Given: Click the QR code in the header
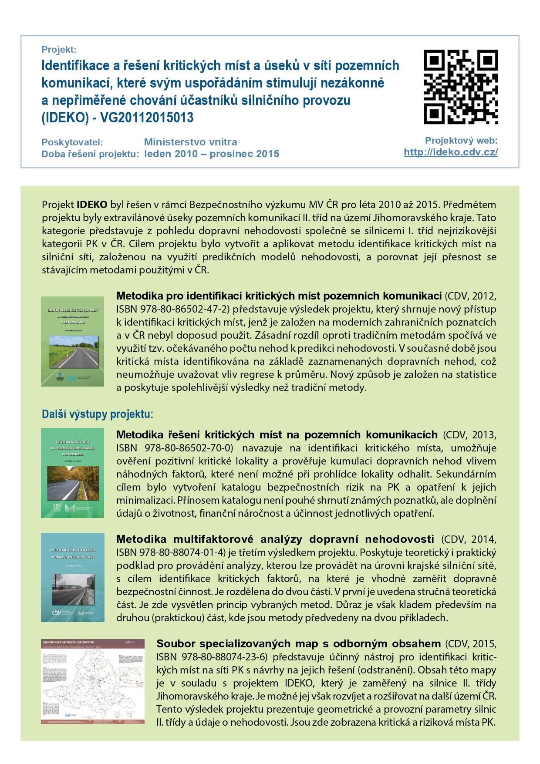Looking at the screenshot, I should (x=461, y=87).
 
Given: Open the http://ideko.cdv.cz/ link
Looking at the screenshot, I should (x=450, y=152).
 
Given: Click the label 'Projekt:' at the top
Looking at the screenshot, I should (x=59, y=50).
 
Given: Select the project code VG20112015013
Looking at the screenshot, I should (x=147, y=118).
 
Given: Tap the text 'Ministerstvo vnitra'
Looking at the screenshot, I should (x=190, y=142).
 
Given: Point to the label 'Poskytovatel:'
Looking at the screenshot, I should (x=72, y=142).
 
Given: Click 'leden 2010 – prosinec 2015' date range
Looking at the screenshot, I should (x=212, y=154).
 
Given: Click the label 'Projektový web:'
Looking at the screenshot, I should (x=461, y=141).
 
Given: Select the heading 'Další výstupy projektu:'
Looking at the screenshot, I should (x=97, y=414).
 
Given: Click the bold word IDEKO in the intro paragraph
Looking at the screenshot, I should (x=92, y=205).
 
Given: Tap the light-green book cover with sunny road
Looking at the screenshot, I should (x=72, y=341).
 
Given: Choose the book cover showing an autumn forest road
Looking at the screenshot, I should (x=72, y=473).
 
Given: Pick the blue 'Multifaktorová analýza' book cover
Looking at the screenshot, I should (x=73, y=577).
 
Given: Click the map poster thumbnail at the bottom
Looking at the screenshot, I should (x=93, y=681).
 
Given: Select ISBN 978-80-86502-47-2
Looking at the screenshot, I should (x=172, y=310).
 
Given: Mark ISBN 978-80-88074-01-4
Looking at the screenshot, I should (x=171, y=552).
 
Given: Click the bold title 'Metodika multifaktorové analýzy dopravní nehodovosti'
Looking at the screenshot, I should (x=275, y=539).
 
